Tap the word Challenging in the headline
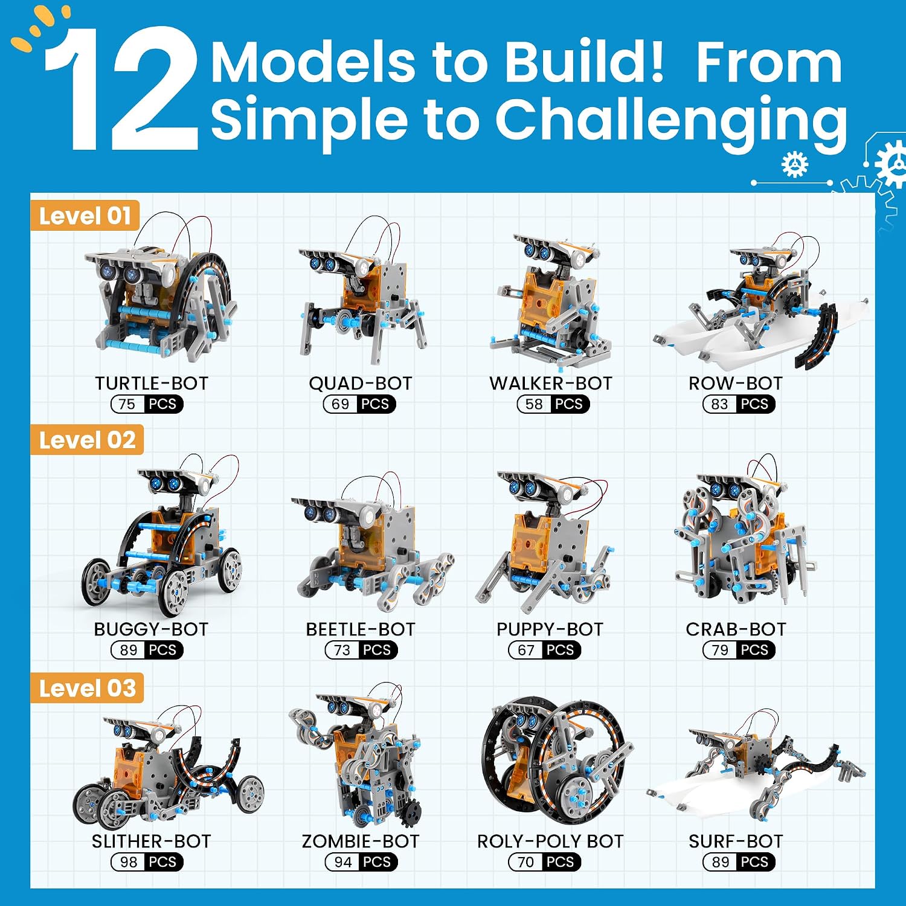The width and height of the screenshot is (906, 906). click(x=672, y=121)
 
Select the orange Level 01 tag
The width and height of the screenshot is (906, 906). click(x=85, y=216)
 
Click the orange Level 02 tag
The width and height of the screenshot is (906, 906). click(x=87, y=440)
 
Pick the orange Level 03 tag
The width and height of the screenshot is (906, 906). click(x=87, y=688)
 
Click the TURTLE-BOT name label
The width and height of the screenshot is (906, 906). click(x=152, y=384)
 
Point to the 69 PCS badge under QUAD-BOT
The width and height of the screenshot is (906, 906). click(x=360, y=404)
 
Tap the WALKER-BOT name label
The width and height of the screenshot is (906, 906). click(x=551, y=384)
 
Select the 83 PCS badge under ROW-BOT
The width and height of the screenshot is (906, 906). click(x=739, y=404)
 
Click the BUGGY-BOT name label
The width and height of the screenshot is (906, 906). click(x=151, y=629)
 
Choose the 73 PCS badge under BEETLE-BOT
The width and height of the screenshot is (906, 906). click(x=361, y=650)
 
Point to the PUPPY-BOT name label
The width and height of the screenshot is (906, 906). click(x=550, y=629)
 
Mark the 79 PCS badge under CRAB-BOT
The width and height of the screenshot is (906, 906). click(x=739, y=650)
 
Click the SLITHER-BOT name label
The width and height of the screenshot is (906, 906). click(x=152, y=841)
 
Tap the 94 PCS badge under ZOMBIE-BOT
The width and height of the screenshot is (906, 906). click(x=361, y=862)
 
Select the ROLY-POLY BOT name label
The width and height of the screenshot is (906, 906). click(x=550, y=841)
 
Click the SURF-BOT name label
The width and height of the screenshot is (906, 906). click(x=736, y=841)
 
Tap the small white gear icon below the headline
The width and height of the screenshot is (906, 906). click(x=795, y=164)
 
